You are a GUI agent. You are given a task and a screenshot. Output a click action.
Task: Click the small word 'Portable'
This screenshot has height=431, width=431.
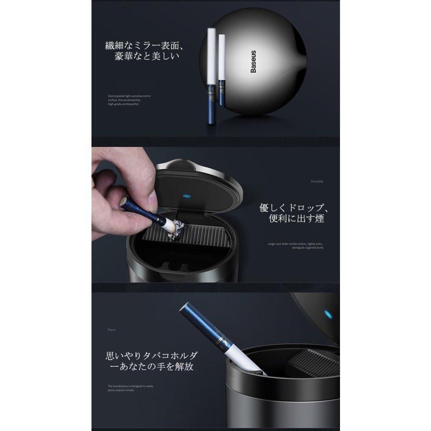(317, 182)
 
